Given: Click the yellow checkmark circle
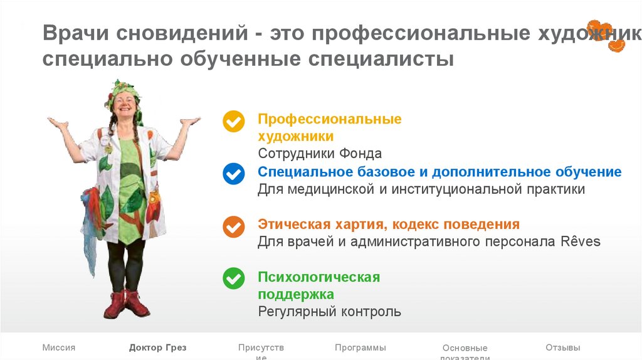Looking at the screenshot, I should coord(234,121).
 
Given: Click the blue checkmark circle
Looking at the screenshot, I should coord(234,173).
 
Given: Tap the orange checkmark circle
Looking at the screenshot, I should coord(234,226).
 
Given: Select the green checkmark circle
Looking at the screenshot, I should coord(234,278).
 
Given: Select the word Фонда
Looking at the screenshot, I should coord(360,154).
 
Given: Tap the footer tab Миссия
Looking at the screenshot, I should coord(59,347).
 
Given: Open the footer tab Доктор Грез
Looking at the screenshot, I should coord(157,347).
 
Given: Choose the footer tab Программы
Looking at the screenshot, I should coord(360,347).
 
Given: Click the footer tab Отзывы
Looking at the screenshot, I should coord(562,347).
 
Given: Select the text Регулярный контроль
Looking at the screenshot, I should coord(329,312).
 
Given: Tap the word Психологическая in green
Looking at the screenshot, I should coord(318,277).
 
